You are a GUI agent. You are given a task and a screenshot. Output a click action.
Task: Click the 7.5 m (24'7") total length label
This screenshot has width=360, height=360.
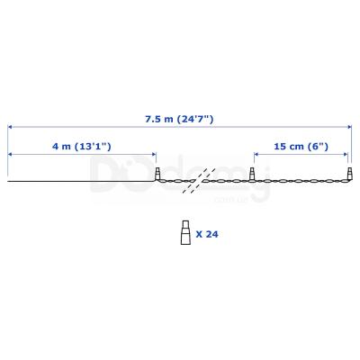(x=179, y=118)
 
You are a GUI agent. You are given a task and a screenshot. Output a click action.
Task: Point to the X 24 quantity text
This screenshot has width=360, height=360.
(x=206, y=233)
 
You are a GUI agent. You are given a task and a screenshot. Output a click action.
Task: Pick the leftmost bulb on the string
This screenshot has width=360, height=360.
(x=157, y=174)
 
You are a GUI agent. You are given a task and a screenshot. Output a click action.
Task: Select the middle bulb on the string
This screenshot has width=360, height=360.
(x=253, y=174)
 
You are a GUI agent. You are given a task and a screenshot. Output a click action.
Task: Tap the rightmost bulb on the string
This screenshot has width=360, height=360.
(x=349, y=174)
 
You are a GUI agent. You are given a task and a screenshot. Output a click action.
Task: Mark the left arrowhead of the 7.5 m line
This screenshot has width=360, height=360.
(x=11, y=127)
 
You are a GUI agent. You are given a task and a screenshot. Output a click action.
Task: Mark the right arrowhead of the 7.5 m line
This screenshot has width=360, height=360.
(x=347, y=127)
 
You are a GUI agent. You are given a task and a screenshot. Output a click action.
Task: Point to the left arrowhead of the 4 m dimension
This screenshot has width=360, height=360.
(x=11, y=155)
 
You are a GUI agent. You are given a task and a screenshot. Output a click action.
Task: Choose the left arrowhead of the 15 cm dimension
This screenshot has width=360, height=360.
(x=256, y=155)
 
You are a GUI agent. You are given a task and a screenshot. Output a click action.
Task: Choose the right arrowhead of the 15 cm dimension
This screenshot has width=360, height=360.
(x=347, y=155)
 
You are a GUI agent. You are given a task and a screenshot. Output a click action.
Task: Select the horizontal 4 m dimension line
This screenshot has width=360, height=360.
(x=81, y=155)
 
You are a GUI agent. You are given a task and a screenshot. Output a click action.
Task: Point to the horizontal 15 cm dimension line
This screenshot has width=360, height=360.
(x=301, y=155)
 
